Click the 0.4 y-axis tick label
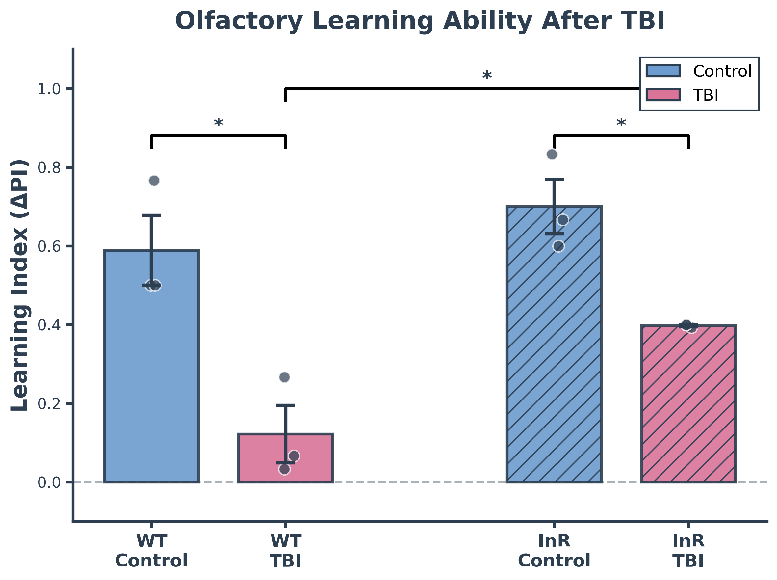(x=49, y=325)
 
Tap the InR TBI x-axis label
(x=688, y=550)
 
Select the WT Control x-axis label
(x=151, y=550)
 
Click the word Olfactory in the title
(x=239, y=21)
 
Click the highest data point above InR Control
(x=552, y=154)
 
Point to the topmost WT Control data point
(x=154, y=181)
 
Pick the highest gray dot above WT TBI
(x=284, y=377)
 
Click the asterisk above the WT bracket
(x=218, y=123)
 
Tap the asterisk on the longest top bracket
(x=486, y=76)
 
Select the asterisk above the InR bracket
(x=621, y=123)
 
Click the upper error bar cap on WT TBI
(x=286, y=405)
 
